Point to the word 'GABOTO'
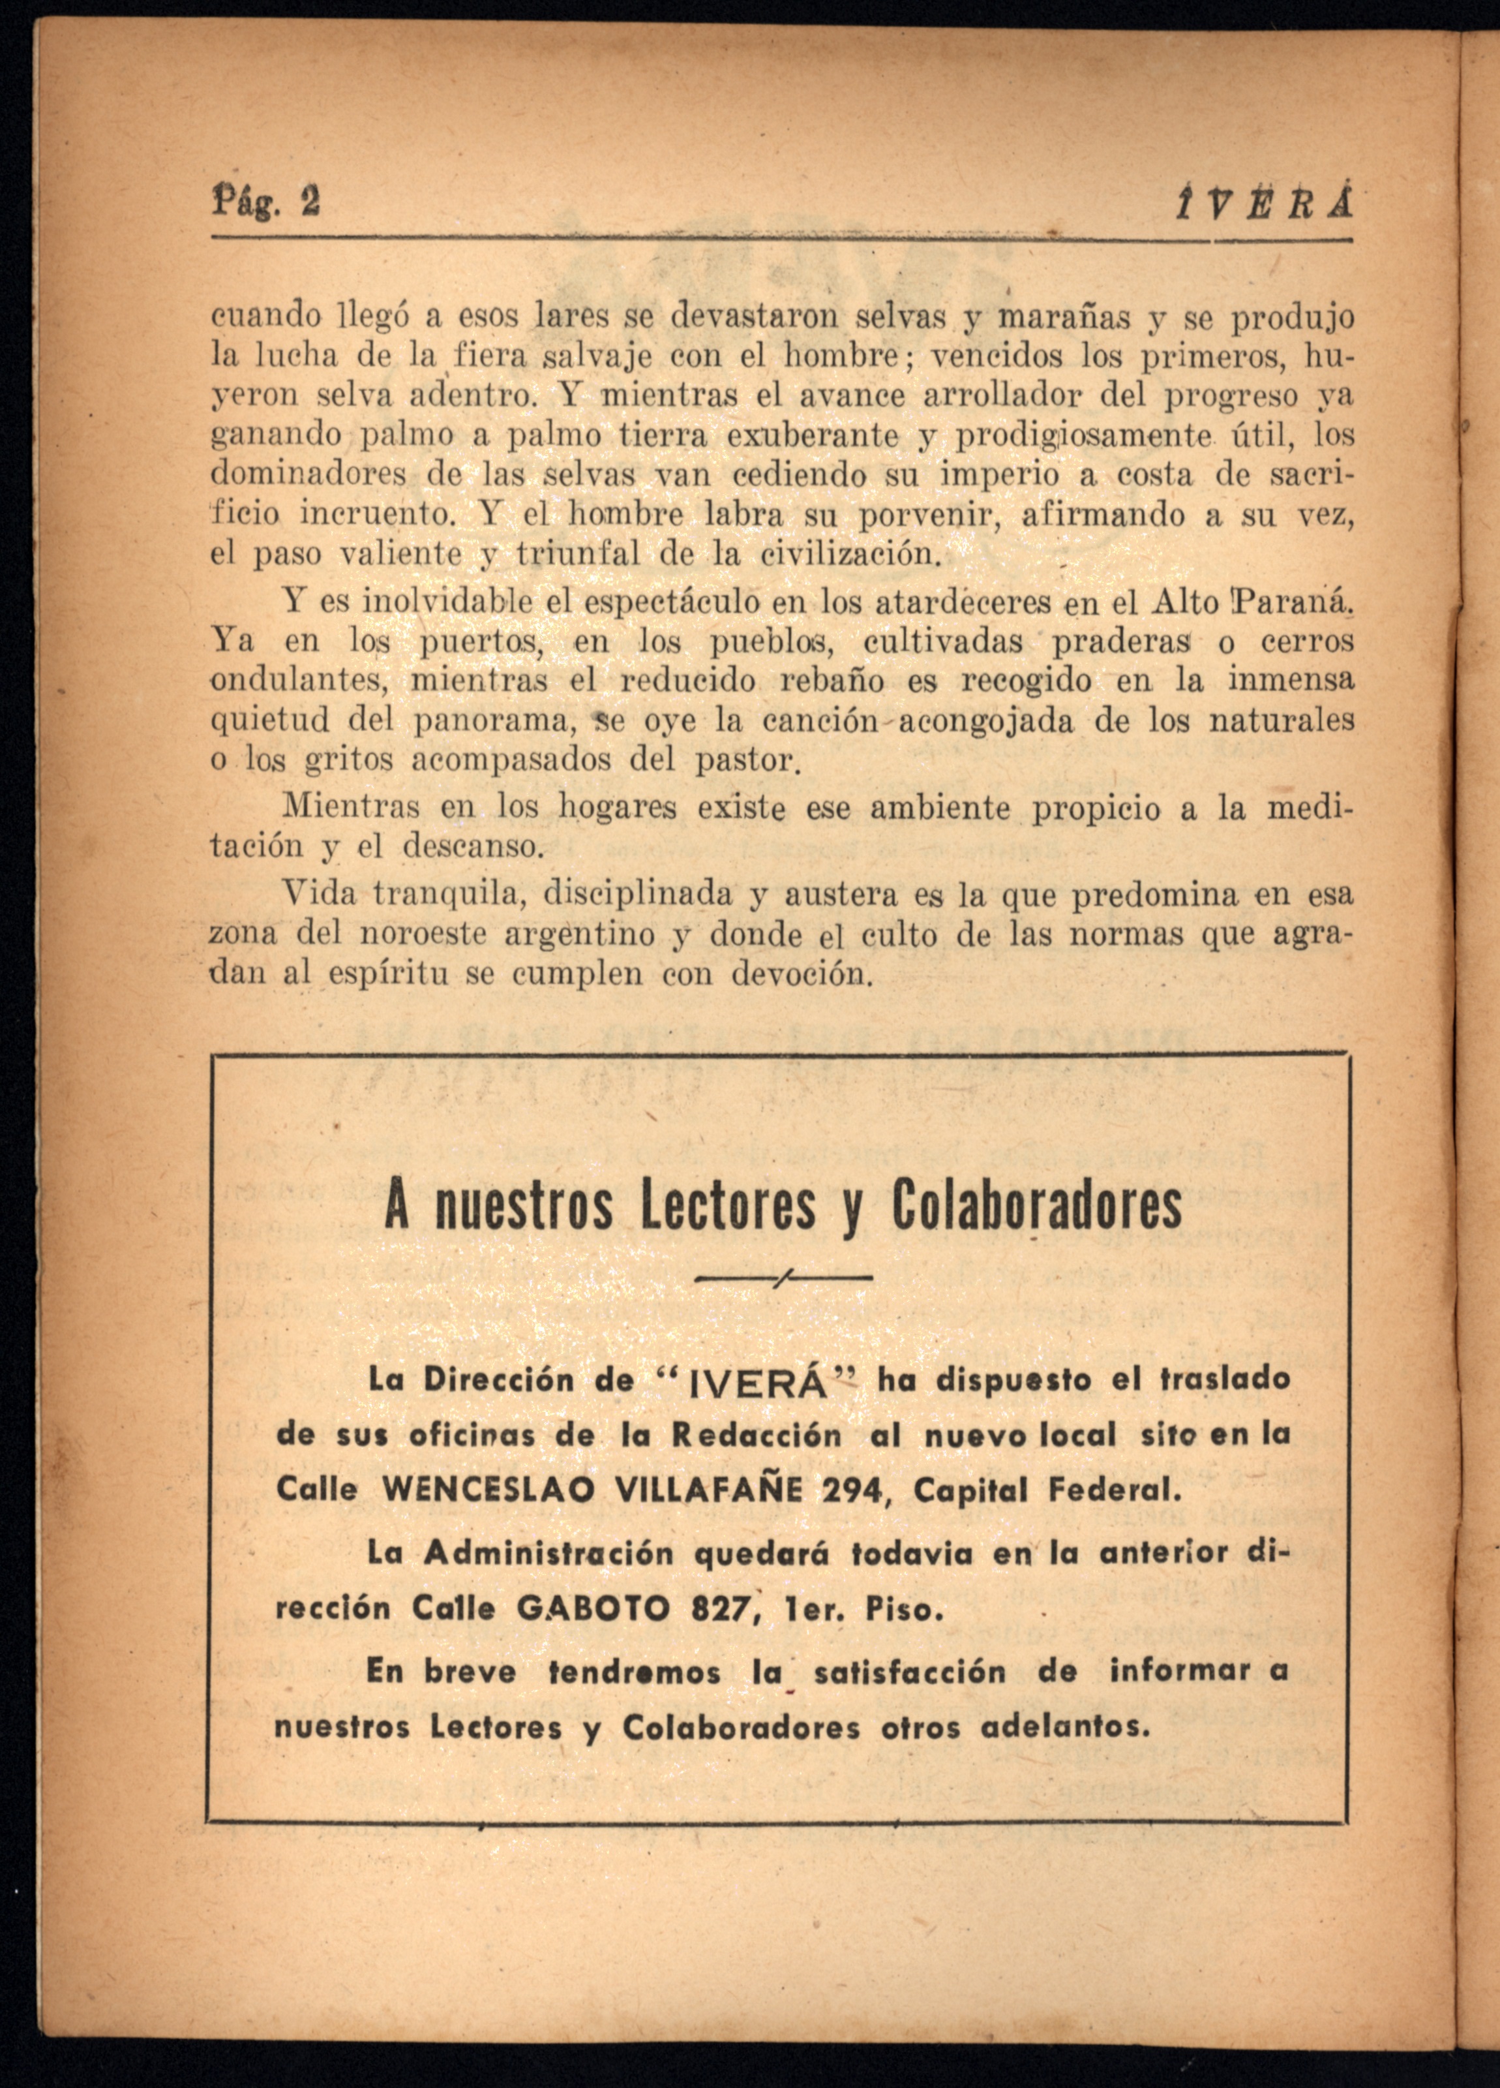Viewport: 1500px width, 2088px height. (x=593, y=1607)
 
